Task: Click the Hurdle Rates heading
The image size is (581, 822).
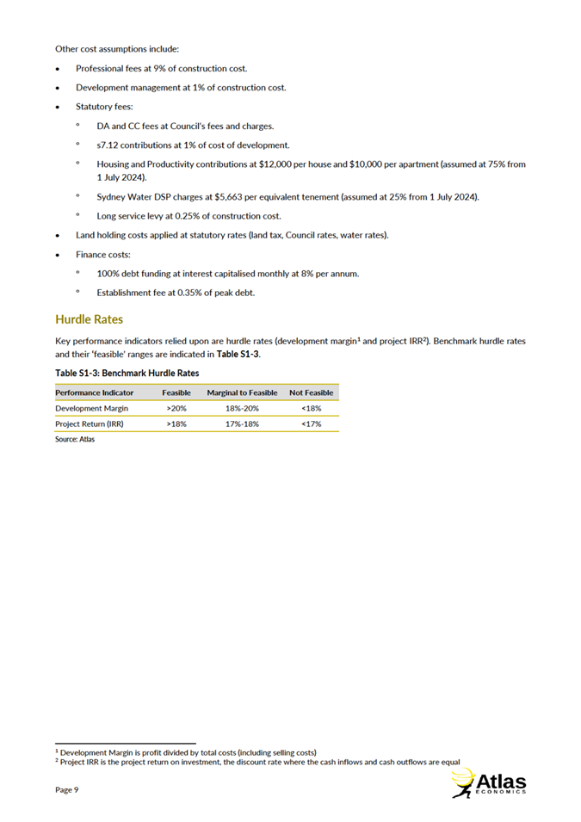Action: click(89, 319)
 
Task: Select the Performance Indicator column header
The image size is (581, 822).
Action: click(94, 392)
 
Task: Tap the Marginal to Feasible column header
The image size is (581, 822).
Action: click(242, 392)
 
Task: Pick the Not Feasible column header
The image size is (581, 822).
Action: click(311, 392)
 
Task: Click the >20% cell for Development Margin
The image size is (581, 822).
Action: click(176, 408)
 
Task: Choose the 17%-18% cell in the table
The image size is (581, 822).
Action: click(242, 424)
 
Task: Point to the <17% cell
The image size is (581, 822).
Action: click(311, 424)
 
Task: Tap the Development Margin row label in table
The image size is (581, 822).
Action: click(91, 408)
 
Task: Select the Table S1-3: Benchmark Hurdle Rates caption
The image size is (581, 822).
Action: click(127, 374)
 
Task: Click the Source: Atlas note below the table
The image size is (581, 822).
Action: click(75, 439)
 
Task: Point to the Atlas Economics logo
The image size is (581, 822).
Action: click(488, 783)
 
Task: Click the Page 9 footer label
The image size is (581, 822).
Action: click(67, 789)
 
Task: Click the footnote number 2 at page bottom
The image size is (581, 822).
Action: click(56, 760)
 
